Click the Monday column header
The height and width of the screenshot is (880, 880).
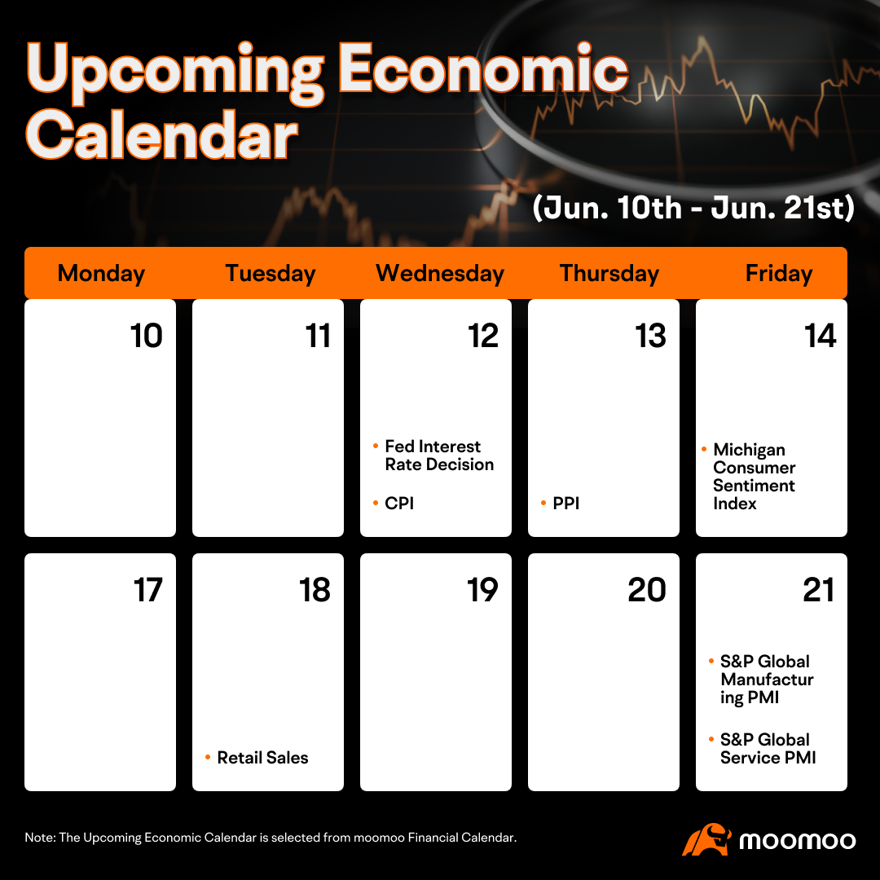click(101, 273)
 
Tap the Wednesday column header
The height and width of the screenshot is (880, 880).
click(440, 273)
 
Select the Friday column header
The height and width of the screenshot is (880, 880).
click(778, 273)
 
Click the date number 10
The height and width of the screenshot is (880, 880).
click(147, 336)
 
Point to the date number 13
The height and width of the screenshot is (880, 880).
click(650, 336)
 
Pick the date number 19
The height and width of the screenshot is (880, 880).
click(482, 590)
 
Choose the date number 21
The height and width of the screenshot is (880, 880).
click(818, 590)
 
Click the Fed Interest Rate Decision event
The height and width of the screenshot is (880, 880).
click(439, 455)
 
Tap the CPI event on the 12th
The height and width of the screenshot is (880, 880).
click(399, 504)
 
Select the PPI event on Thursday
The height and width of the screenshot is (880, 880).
click(565, 504)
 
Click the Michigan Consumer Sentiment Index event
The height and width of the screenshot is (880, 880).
click(754, 476)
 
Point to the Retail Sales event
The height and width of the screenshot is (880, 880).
click(262, 758)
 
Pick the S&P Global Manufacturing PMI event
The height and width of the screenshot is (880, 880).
click(767, 679)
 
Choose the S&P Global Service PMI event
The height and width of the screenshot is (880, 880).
click(768, 749)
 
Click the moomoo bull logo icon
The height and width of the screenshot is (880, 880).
click(706, 839)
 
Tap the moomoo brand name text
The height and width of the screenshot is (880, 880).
click(798, 841)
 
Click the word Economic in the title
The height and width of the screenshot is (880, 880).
click(483, 69)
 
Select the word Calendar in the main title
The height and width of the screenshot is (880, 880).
click(161, 134)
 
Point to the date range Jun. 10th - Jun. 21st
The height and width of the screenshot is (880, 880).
click(693, 208)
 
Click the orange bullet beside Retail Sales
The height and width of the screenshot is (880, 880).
click(208, 758)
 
